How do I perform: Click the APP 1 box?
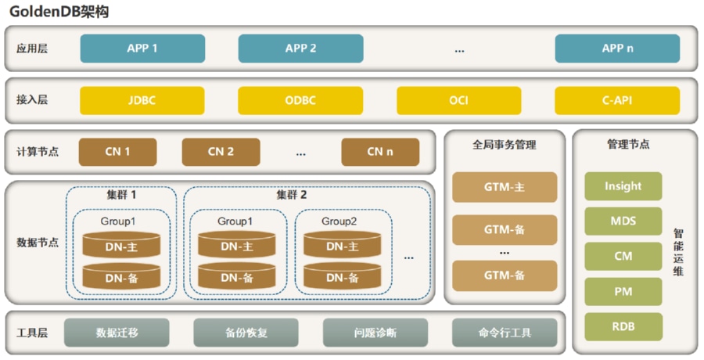pos(142,49)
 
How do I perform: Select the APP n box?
pos(617,49)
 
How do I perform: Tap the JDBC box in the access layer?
pos(142,101)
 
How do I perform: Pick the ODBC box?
pos(300,101)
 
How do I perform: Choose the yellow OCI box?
pos(458,101)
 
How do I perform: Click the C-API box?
pos(617,101)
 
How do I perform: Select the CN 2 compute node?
pos(221,152)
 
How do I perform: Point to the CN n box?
pos(379,152)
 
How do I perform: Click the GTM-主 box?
pos(505,188)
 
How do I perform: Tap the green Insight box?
pos(623,186)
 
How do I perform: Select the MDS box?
pos(623,221)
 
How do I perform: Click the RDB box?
pos(623,326)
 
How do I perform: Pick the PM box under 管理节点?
pos(623,291)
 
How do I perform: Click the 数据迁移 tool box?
pos(117,333)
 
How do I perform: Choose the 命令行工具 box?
pos(505,333)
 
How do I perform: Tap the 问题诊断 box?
pos(375,333)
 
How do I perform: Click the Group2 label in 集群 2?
pos(339,221)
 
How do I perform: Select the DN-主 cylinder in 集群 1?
pos(122,246)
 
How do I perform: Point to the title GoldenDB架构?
pos(59,12)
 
